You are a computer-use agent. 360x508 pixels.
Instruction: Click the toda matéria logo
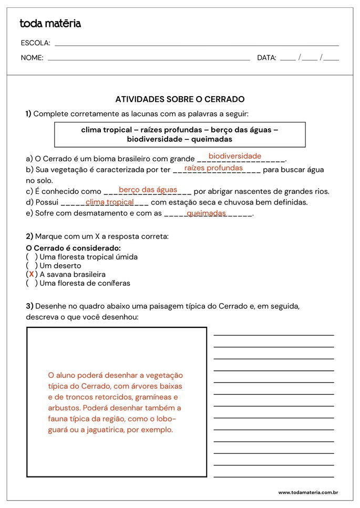click(50, 24)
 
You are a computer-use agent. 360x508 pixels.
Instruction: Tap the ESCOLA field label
click(35, 43)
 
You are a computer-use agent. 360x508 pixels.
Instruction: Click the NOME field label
click(32, 58)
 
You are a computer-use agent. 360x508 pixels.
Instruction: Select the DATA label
click(266, 58)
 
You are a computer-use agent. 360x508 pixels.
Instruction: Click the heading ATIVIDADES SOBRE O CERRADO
click(180, 99)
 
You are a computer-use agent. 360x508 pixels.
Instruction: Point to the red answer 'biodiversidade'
click(235, 156)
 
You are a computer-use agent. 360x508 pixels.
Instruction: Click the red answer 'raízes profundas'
click(213, 168)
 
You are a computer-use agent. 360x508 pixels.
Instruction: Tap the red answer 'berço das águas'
click(148, 190)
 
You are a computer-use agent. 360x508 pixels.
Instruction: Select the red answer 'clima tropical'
click(109, 202)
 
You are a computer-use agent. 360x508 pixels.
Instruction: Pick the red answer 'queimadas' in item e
click(206, 213)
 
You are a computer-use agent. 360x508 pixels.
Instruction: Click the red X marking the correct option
click(32, 274)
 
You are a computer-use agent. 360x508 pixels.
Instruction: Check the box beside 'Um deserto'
click(32, 266)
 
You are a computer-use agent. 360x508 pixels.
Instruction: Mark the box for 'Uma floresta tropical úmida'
click(32, 257)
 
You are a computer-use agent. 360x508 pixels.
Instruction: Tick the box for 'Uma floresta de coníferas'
click(32, 283)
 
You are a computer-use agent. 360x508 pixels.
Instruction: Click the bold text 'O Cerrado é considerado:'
click(73, 248)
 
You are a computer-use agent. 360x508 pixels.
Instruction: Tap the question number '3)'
click(29, 306)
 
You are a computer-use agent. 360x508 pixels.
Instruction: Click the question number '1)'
click(28, 114)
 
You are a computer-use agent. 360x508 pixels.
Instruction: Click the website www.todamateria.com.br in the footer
click(307, 493)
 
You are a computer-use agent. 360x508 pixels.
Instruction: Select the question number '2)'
click(29, 236)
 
